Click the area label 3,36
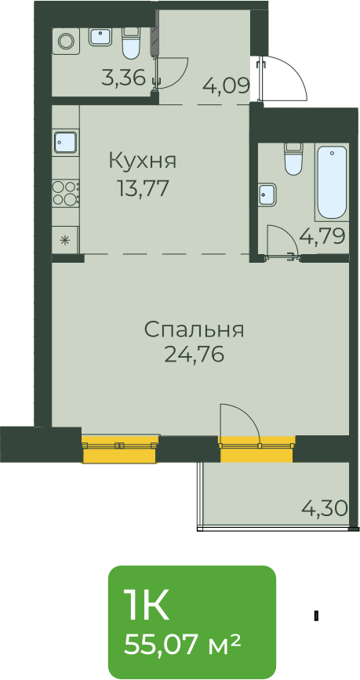123,78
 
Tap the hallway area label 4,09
227,85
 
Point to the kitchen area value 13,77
142,189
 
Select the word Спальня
194,330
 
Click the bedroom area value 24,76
194,355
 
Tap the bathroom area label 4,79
322,237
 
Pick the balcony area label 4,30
325,507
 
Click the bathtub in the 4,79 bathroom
332,183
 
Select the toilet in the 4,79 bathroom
293,158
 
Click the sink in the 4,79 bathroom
268,195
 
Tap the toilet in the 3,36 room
132,43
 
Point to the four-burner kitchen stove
66,193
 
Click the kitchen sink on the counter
66,142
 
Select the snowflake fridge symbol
65,239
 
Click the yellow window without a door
120,449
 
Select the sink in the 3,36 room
101,36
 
